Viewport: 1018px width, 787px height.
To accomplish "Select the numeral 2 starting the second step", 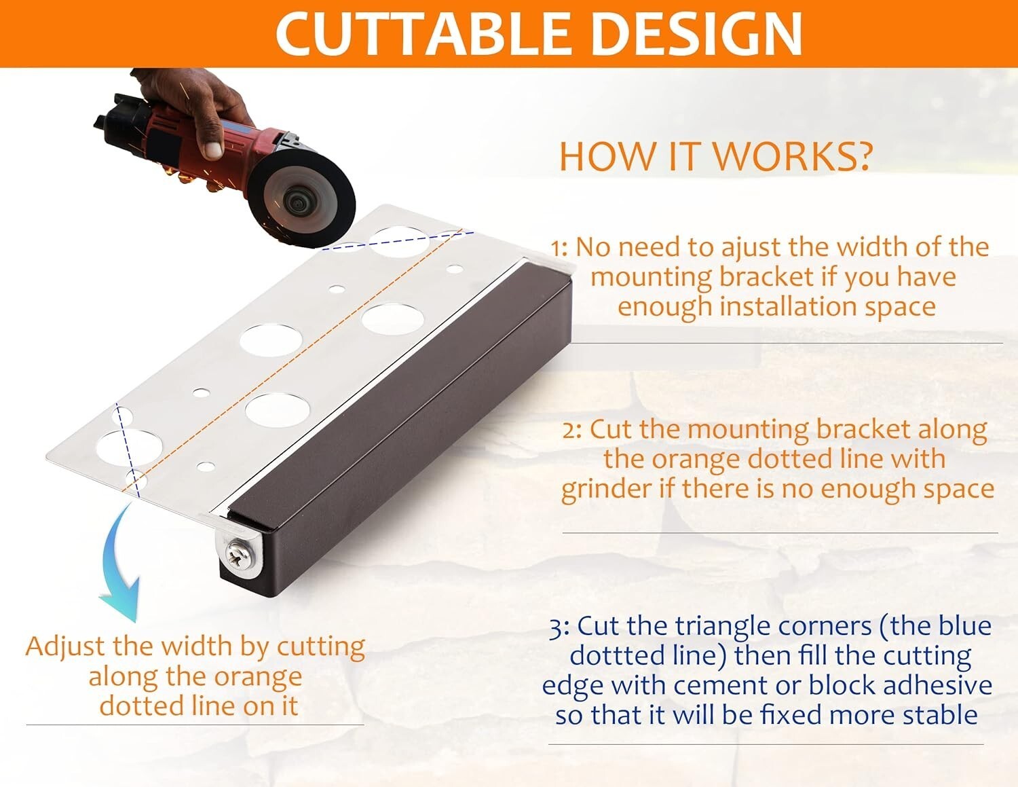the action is click(569, 431).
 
